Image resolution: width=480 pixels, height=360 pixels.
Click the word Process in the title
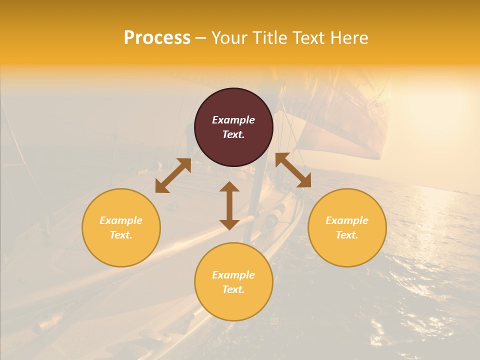pyautogui.click(x=157, y=38)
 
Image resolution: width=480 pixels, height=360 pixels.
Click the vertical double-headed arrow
pyautogui.click(x=229, y=205)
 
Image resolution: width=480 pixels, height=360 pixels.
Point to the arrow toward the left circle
pyautogui.click(x=173, y=175)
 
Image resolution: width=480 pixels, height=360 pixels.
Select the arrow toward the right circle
pyautogui.click(x=293, y=170)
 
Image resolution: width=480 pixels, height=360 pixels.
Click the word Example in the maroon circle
pyautogui.click(x=233, y=120)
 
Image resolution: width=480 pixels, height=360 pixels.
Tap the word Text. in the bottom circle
pyautogui.click(x=233, y=289)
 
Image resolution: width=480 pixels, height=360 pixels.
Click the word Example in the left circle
pyautogui.click(x=121, y=220)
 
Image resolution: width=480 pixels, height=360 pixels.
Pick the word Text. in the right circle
pyautogui.click(x=347, y=235)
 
